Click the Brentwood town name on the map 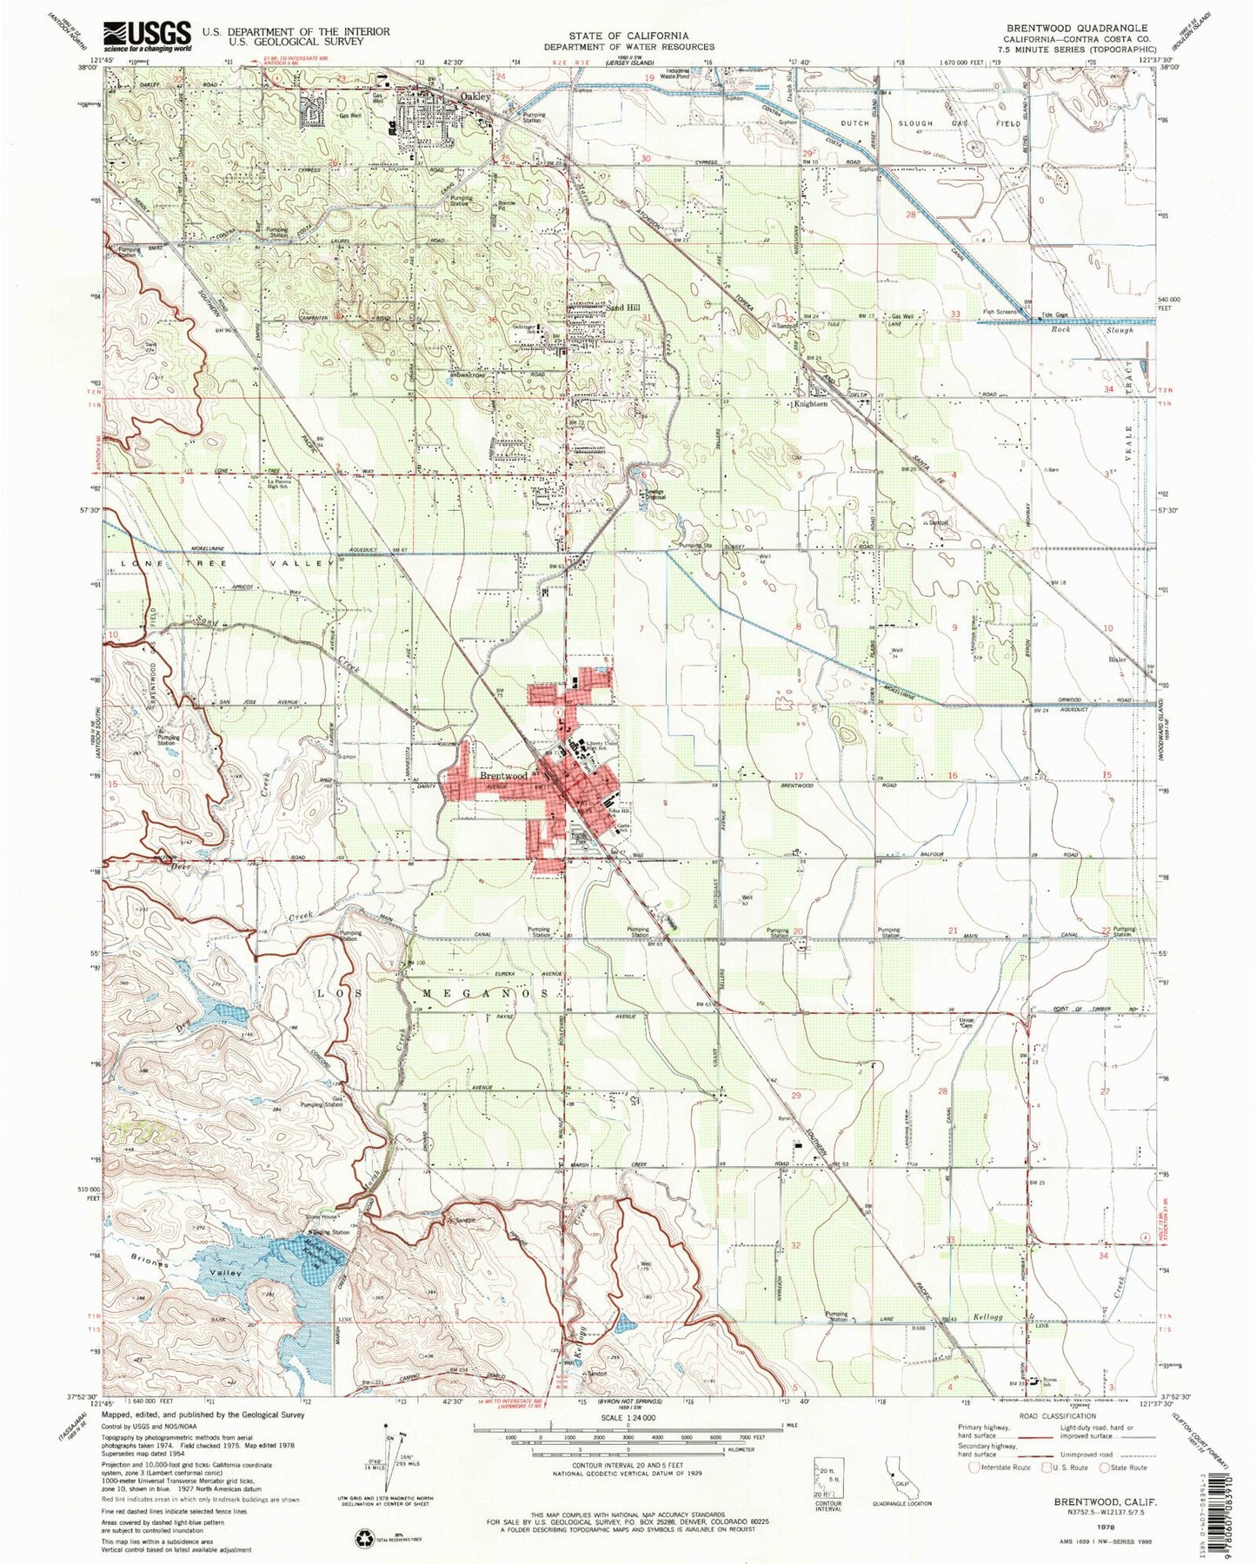[x=503, y=775]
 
